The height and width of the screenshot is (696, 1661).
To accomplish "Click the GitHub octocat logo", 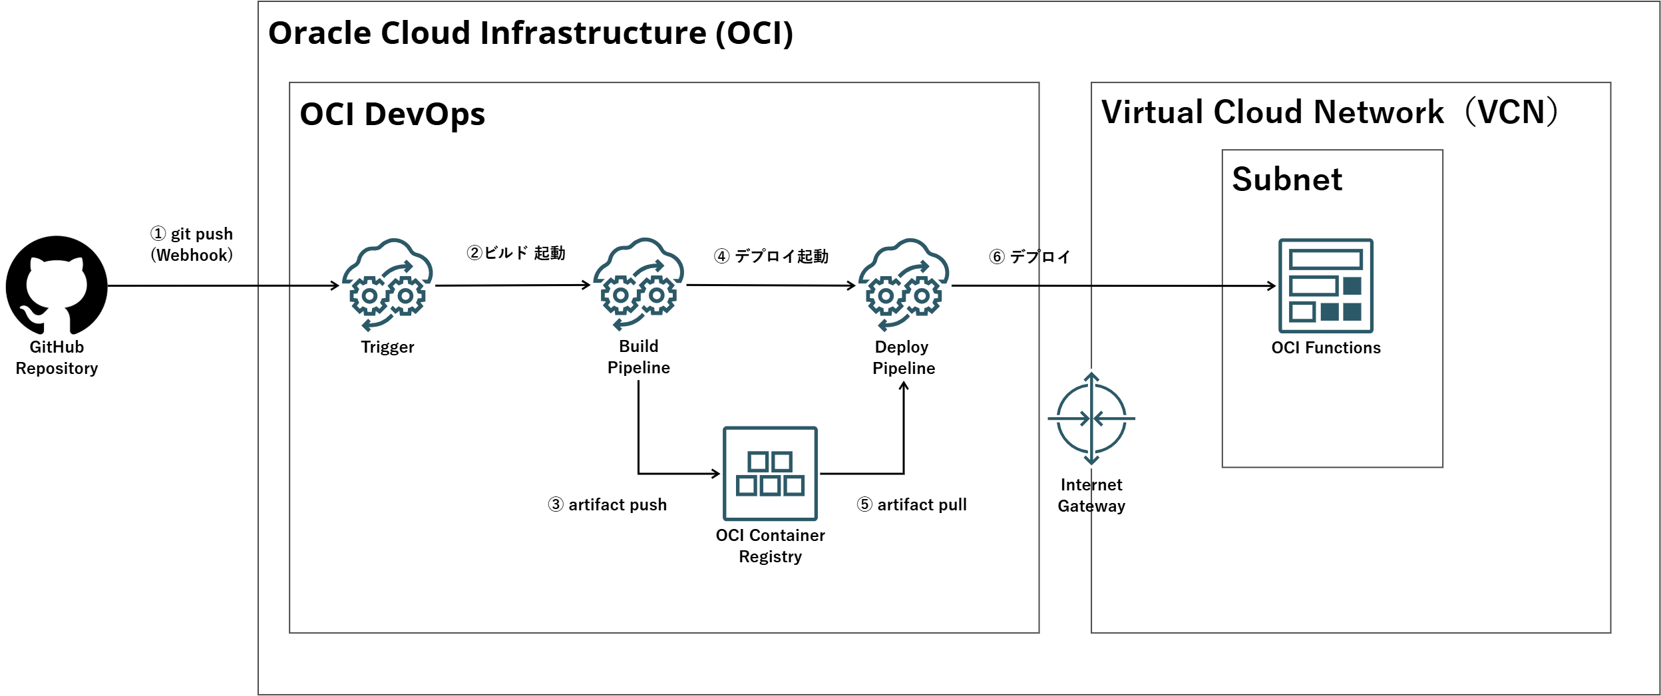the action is coord(57,285).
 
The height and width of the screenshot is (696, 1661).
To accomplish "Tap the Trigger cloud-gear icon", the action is coord(387,285).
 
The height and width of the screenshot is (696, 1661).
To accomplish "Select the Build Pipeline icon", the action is coord(638,284).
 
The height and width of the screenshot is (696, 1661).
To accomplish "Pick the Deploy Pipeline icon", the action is coord(904,285).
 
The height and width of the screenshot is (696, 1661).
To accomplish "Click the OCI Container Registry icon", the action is coord(770,473).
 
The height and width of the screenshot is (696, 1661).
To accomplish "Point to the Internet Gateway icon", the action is coord(1091,419).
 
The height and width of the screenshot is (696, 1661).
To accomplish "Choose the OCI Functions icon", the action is coord(1326,285).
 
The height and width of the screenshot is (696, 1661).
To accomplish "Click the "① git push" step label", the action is coord(192,234).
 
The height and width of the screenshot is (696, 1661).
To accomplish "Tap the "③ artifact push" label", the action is coord(607,504).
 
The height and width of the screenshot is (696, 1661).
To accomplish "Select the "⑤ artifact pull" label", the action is coord(912,504).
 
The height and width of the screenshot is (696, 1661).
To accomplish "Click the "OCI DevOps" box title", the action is coord(393,114).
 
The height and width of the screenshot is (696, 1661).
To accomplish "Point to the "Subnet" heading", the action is coord(1287,179).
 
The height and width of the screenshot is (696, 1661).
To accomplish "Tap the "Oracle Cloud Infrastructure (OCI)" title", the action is coord(531,33).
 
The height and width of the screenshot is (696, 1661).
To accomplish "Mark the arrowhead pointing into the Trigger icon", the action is coord(336,285).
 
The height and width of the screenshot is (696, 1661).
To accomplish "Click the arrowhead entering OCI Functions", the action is coord(1272,286).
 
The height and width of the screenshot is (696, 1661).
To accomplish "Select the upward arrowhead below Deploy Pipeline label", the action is coord(904,386).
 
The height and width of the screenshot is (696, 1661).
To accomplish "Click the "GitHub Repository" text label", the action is coord(57,357).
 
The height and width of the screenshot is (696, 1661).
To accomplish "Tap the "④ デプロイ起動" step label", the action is coord(771,256).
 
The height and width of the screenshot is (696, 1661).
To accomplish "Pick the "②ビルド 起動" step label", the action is coord(516,253).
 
